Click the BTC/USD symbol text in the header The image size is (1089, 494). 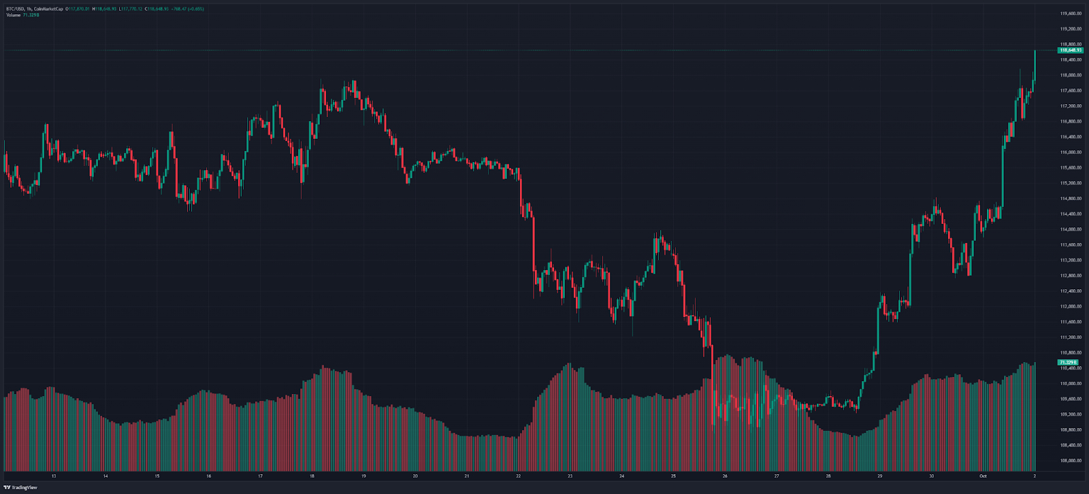14,9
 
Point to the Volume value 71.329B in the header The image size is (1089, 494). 31,14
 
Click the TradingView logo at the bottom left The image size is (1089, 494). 20,487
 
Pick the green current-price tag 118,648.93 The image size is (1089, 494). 1070,50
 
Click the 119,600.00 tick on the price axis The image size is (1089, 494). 1071,14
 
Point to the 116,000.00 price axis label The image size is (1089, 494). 1071,152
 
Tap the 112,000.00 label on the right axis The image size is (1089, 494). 1071,306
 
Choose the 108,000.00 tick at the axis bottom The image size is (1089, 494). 1071,461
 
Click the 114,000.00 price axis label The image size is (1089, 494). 1071,229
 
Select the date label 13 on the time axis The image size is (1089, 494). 54,476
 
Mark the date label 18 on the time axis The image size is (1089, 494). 312,476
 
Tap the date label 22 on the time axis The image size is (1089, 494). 519,476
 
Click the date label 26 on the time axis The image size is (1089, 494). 725,476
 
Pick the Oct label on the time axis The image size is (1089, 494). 983,476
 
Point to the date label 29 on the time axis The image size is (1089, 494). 880,476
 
